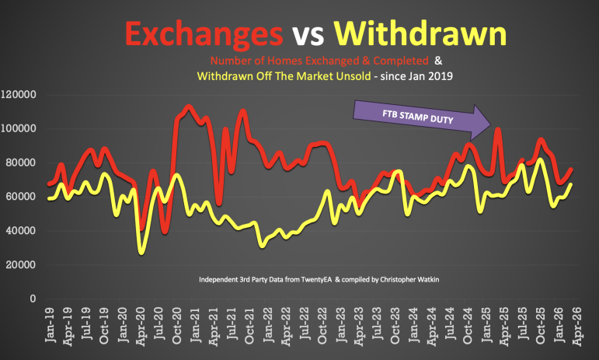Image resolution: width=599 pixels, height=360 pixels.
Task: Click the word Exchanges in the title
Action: [x=203, y=33]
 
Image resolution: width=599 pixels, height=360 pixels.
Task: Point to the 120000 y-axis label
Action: [x=20, y=95]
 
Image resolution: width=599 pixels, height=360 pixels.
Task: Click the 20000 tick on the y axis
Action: [x=23, y=264]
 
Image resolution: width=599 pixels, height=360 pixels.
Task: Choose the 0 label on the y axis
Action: [x=34, y=299]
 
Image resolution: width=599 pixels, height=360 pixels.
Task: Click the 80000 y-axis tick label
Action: [x=23, y=163]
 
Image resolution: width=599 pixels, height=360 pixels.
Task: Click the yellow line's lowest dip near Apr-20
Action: [x=141, y=252]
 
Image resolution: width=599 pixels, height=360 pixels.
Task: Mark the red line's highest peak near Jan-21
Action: [x=189, y=107]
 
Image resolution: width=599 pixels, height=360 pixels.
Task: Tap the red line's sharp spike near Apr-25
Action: [x=498, y=130]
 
